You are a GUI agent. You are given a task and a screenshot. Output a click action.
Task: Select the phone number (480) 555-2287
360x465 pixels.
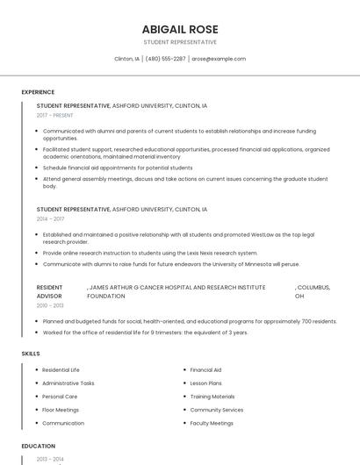165,59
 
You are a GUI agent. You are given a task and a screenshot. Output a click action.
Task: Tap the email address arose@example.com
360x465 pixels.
219,59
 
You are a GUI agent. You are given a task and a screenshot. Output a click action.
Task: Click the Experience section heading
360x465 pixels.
38,91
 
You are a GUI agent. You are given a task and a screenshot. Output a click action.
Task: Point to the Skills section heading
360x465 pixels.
31,353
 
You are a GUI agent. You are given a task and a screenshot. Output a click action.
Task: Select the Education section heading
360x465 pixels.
39,446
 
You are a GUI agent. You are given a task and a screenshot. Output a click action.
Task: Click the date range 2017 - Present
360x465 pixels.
55,115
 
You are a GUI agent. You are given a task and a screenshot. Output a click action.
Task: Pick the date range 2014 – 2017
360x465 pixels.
50,218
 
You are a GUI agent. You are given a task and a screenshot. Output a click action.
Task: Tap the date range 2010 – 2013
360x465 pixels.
50,305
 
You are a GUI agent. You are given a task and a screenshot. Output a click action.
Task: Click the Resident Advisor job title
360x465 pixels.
50,291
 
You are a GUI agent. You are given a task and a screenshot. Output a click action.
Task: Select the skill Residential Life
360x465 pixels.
61,369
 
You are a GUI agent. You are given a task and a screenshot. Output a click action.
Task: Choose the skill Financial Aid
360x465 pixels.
205,369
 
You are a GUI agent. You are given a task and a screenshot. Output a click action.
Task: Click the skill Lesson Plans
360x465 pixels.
205,383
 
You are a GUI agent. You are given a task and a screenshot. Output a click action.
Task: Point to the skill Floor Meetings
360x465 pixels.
61,410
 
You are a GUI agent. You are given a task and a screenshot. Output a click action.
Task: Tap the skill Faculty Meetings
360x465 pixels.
212,423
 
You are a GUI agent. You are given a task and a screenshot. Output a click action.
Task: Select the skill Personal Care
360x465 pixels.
60,397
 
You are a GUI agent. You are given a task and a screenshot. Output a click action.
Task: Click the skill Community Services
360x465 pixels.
217,410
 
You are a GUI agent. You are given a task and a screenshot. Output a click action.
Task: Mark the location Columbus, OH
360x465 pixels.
313,291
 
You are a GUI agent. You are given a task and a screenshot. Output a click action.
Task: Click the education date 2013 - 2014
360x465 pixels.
51,459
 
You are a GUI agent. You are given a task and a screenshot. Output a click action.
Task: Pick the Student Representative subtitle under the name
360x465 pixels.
180,42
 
